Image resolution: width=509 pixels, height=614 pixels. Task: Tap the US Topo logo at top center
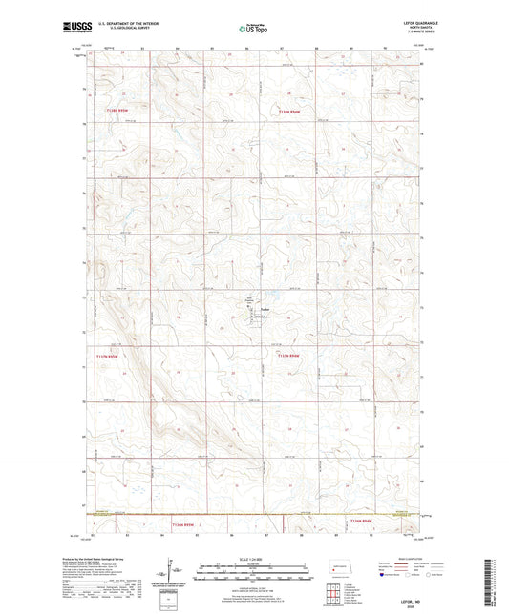click(251, 30)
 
